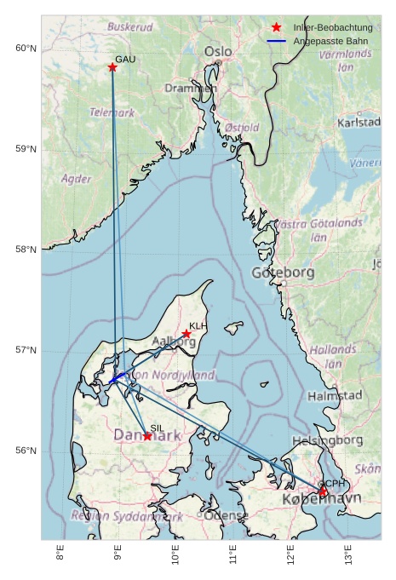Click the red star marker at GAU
point(112,67)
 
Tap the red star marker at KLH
point(187,334)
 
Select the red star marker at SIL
point(147,436)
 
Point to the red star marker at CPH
point(323,491)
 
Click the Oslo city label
point(218,52)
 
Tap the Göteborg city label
point(284,273)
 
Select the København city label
point(321,498)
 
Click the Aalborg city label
point(173,342)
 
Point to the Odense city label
point(227,516)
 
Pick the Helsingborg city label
point(328,440)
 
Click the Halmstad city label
point(335,396)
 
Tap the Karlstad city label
point(359,123)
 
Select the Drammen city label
point(191,88)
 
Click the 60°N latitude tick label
point(26,49)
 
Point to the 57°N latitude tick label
point(26,351)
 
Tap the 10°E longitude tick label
point(175,556)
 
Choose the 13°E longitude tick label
point(348,556)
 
